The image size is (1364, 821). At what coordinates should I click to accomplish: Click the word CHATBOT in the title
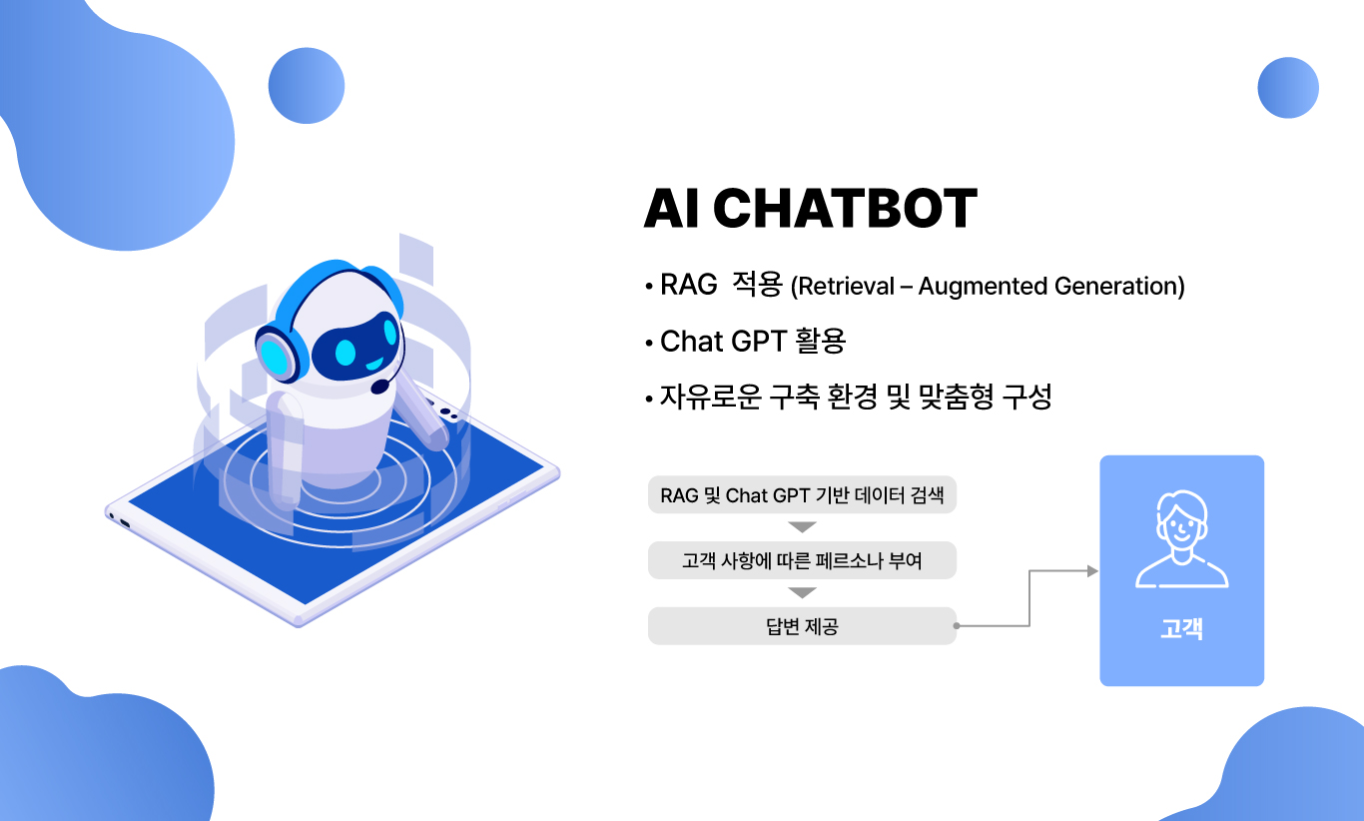click(x=845, y=208)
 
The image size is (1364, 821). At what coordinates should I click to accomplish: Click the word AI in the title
click(x=670, y=208)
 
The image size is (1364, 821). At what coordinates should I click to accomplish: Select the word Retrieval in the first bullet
click(x=847, y=286)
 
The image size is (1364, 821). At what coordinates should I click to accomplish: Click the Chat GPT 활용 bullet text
click(x=753, y=341)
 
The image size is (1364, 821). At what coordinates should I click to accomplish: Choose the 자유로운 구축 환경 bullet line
click(x=856, y=397)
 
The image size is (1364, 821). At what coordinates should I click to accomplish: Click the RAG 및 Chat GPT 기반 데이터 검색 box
click(x=802, y=494)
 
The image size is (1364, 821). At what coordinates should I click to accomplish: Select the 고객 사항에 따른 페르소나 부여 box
click(x=802, y=560)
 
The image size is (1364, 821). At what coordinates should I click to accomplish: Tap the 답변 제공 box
click(x=802, y=626)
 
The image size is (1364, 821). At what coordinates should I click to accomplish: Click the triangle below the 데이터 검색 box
click(x=802, y=526)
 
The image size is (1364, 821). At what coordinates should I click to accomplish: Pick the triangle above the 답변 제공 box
click(x=802, y=592)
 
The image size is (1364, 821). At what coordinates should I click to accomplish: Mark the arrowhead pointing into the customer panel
click(x=1093, y=571)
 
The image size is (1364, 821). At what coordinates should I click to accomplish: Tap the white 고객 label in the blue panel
click(x=1182, y=628)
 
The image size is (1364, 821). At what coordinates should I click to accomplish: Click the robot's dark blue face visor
click(x=356, y=348)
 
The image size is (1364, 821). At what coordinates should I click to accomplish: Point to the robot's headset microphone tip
click(x=380, y=387)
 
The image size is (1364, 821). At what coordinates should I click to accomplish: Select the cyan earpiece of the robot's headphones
click(x=273, y=357)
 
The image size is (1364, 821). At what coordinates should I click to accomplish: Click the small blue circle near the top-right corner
click(x=1288, y=88)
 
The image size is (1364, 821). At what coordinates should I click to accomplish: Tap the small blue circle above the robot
click(x=307, y=85)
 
